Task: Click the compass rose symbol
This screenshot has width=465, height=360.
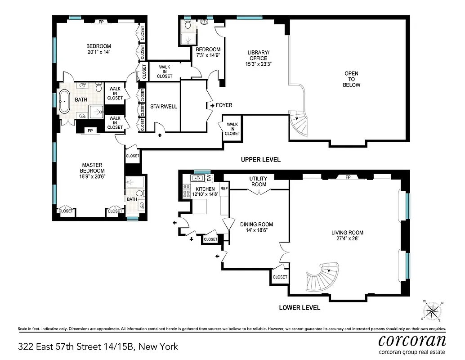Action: tap(433, 310)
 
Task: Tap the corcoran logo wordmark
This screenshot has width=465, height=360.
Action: tap(412, 340)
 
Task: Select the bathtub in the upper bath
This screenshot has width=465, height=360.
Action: tap(64, 101)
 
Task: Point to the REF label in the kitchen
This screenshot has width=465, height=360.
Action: tap(224, 189)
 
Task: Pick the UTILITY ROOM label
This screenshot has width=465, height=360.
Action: tap(258, 181)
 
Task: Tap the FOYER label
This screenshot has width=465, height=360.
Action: tap(224, 105)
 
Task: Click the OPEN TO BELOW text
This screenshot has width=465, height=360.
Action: tap(351, 79)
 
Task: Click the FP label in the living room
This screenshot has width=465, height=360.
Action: tap(348, 177)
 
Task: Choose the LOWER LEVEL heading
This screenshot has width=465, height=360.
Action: tap(300, 308)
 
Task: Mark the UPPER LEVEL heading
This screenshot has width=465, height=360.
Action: tap(260, 159)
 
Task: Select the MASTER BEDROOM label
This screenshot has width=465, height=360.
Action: tap(93, 168)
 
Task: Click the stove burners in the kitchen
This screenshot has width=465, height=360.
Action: tap(186, 192)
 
